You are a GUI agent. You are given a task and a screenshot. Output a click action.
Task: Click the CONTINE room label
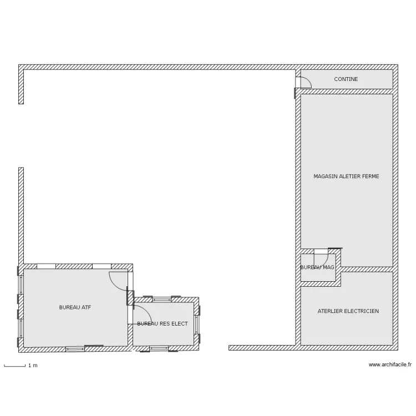tap(346, 79)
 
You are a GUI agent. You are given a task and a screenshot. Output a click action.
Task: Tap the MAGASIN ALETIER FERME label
tap(346, 176)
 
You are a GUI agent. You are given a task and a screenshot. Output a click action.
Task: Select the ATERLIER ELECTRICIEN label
tap(348, 311)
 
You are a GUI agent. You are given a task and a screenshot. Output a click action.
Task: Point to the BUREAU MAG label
tap(317, 267)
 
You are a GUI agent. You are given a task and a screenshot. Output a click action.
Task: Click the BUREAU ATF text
tap(75, 307)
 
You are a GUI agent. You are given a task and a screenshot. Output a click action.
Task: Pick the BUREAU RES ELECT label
tap(163, 324)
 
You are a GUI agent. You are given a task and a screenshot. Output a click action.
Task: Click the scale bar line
tap(15, 367)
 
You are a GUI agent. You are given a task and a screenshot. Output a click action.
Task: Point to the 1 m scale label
tap(33, 366)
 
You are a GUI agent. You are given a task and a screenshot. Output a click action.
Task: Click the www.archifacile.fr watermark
tap(390, 365)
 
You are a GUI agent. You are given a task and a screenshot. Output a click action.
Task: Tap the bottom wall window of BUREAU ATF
tap(75, 349)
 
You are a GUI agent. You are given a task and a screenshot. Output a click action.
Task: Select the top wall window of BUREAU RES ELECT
tap(162, 300)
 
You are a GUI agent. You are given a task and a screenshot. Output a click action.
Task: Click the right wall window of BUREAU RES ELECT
tap(196, 324)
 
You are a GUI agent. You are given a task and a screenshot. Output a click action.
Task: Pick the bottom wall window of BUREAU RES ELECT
tap(159, 348)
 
